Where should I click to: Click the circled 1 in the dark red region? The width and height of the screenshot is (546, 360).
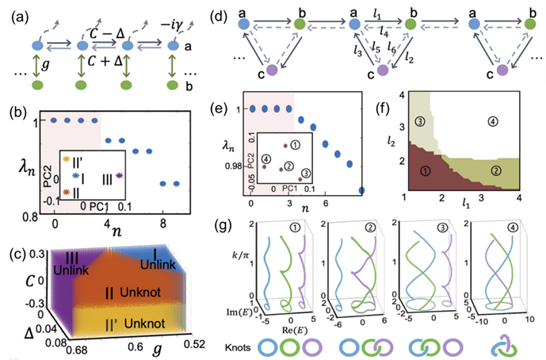(x=422, y=169)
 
